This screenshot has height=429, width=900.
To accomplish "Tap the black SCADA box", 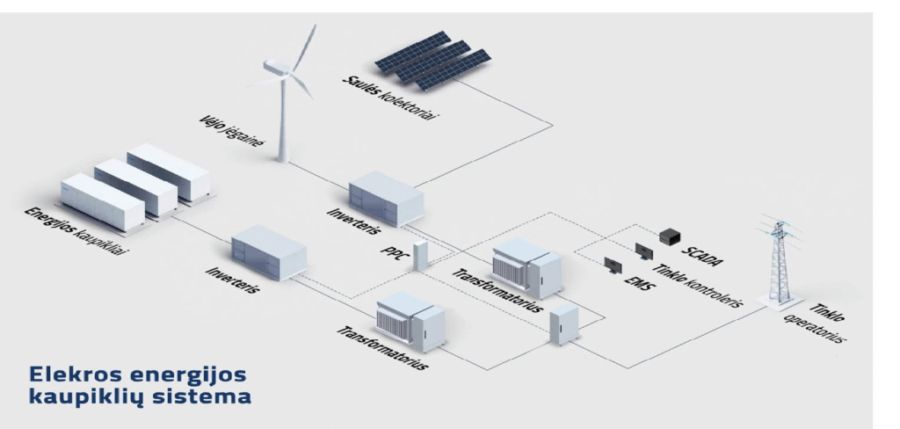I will pyautogui.click(x=671, y=236).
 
